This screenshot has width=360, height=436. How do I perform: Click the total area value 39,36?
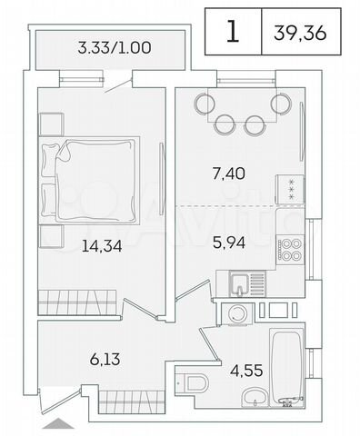(300, 33)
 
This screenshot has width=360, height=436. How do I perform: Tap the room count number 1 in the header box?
(233, 31)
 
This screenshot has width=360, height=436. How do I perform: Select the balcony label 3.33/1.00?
(115, 48)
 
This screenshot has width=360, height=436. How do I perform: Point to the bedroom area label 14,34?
(102, 246)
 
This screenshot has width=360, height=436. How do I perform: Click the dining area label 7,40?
(229, 173)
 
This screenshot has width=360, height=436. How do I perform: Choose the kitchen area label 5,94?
(229, 243)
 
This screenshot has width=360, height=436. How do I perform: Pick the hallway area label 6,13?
(105, 360)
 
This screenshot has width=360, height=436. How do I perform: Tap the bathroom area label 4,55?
(246, 371)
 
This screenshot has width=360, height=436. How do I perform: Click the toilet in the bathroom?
(193, 383)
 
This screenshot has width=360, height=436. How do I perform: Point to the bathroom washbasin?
(255, 396)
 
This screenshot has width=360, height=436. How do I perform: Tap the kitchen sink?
(247, 283)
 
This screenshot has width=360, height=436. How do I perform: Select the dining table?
(242, 104)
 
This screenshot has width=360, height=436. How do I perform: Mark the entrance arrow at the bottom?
(58, 423)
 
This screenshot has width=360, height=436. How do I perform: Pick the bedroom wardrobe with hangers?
(77, 302)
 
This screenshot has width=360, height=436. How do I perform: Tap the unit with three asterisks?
(290, 190)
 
